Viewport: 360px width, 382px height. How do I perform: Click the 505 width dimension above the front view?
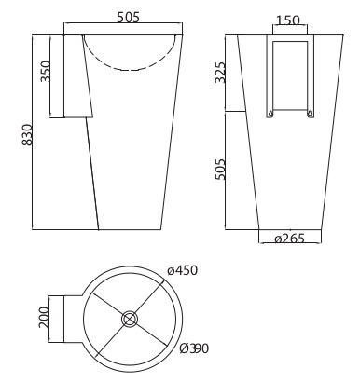[128, 18]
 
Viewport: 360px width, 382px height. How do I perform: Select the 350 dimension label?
[46, 71]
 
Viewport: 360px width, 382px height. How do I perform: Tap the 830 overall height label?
[27, 135]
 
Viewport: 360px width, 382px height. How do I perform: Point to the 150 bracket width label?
[288, 20]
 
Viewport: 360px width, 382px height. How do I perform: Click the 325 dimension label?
[220, 73]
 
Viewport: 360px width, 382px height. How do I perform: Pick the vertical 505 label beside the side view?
[219, 170]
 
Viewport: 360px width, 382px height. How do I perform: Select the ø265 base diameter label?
[289, 239]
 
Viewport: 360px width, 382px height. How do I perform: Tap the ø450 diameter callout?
[182, 270]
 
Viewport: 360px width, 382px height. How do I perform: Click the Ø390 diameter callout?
[194, 348]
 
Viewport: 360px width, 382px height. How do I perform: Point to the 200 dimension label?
[44, 317]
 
